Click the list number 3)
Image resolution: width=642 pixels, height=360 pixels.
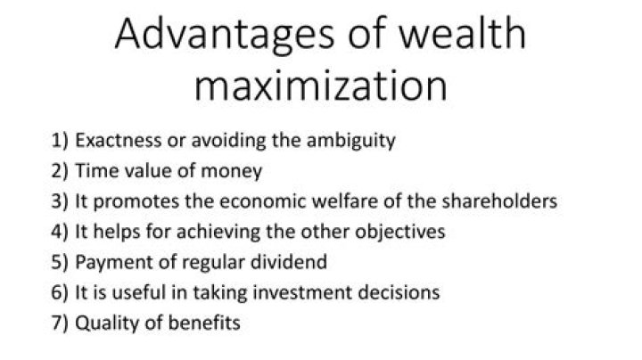(x=62, y=200)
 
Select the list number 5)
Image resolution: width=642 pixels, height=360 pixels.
(x=62, y=261)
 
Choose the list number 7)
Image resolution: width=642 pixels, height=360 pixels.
(x=62, y=322)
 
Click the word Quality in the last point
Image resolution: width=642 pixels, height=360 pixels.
(x=102, y=323)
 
